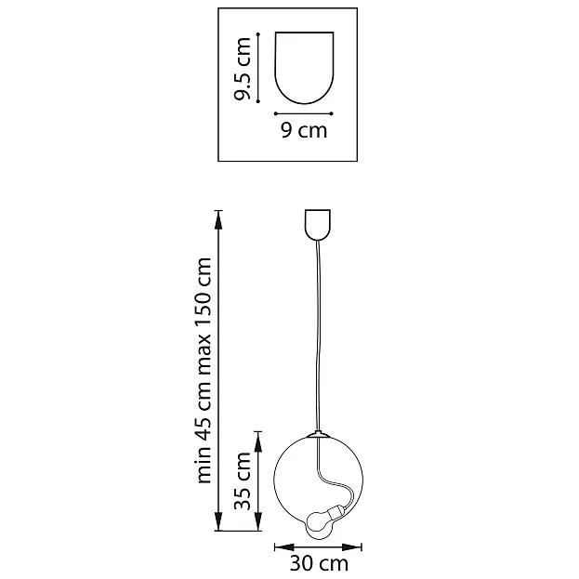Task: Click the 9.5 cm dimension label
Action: [243, 69]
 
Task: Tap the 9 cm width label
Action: [304, 130]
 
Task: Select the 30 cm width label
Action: [319, 563]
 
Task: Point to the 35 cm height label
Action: [243, 480]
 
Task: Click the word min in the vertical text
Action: [204, 466]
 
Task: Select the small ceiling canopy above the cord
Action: [317, 225]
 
